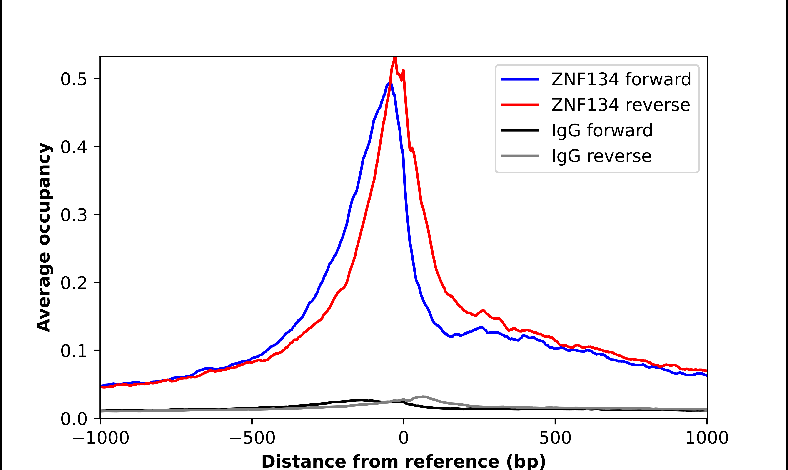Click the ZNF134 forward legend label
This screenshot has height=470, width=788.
pyautogui.click(x=621, y=79)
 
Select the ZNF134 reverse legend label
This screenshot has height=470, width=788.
pyautogui.click(x=620, y=105)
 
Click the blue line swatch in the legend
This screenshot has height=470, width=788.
pyautogui.click(x=520, y=79)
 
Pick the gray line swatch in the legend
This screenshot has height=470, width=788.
pyautogui.click(x=520, y=156)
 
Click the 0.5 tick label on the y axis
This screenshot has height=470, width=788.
pyautogui.click(x=74, y=79)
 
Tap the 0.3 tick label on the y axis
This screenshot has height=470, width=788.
pyautogui.click(x=74, y=215)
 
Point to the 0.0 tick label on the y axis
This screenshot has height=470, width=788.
pyautogui.click(x=74, y=419)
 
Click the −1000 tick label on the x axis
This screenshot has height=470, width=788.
pyautogui.click(x=100, y=438)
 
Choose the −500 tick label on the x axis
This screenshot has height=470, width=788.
pyautogui.click(x=252, y=438)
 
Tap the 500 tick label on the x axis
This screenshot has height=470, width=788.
pyautogui.click(x=555, y=438)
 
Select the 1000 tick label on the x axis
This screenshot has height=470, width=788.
pyautogui.click(x=707, y=438)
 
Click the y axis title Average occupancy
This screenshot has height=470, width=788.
pyautogui.click(x=44, y=237)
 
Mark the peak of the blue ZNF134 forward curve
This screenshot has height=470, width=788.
pyautogui.click(x=390, y=84)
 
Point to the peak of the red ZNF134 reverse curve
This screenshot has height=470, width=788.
pyautogui.click(x=395, y=58)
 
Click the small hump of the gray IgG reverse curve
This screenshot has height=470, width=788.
pyautogui.click(x=424, y=396)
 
